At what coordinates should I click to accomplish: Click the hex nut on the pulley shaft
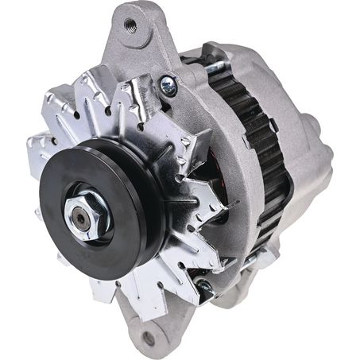point(83,212)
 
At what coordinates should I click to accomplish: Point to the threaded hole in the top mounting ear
point(130,25)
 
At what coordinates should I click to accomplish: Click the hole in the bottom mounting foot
point(148,339)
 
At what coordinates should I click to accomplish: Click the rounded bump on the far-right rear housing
point(315,131)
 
